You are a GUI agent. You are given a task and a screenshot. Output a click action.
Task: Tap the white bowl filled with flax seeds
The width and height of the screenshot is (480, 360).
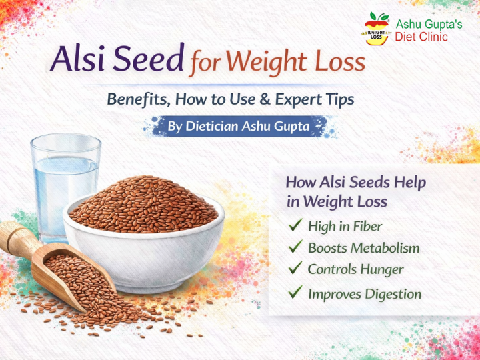(x=144, y=240)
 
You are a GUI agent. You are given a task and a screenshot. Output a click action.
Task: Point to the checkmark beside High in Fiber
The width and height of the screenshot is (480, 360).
(x=295, y=226)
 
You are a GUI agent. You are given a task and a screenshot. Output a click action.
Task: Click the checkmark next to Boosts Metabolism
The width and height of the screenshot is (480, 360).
(x=295, y=247)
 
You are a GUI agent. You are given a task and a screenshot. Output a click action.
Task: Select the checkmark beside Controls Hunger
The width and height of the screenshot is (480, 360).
(x=295, y=269)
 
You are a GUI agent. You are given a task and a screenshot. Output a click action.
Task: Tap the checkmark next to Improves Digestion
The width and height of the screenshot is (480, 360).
(x=295, y=293)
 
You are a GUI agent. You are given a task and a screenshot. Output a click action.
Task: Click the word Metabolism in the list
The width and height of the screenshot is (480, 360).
(x=387, y=248)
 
